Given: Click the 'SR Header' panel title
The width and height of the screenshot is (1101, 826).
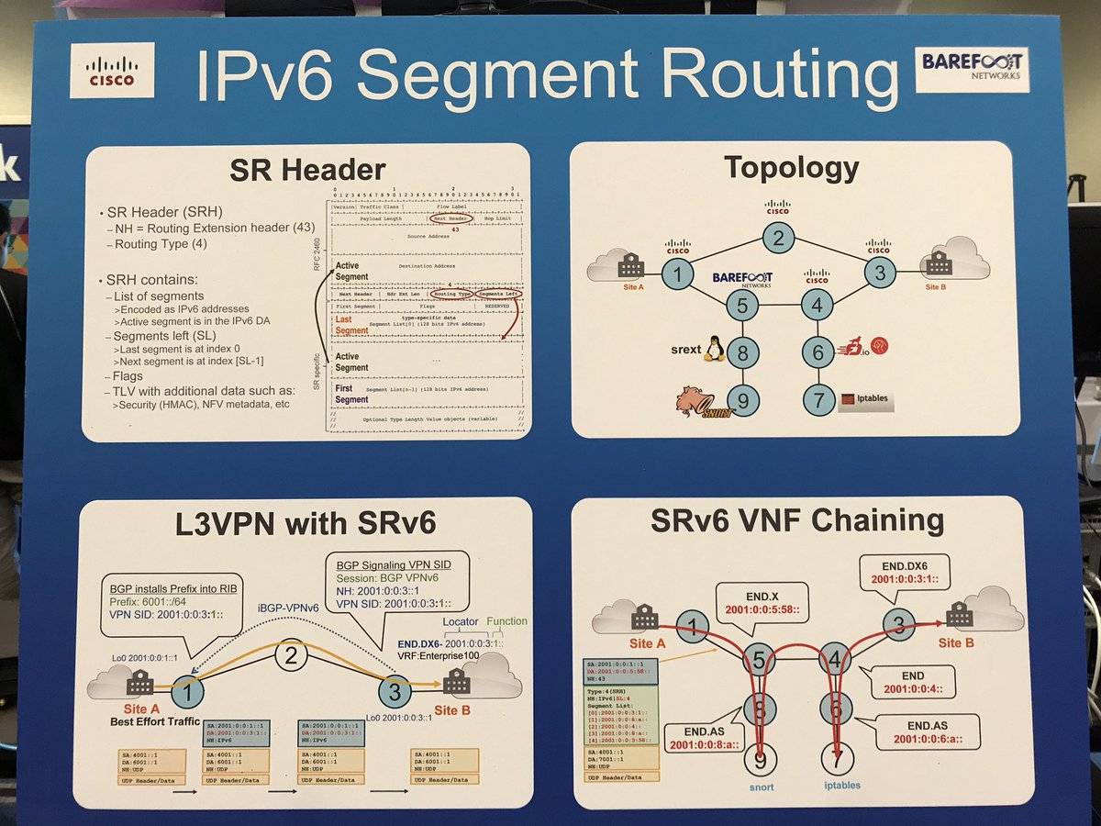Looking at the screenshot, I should (x=306, y=171).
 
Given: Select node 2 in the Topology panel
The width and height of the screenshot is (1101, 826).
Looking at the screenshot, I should (x=777, y=240).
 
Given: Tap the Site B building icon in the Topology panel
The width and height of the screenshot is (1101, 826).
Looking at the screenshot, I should (x=939, y=264).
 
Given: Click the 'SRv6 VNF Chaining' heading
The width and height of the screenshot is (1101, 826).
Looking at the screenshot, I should (x=796, y=521).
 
